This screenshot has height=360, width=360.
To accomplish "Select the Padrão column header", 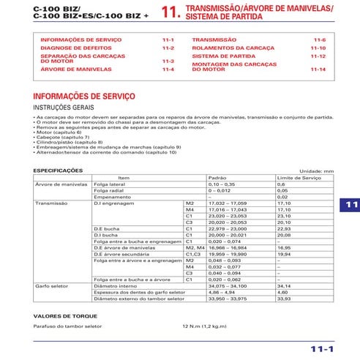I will coord(217,177).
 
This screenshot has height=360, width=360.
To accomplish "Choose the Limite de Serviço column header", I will coord(297,177).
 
